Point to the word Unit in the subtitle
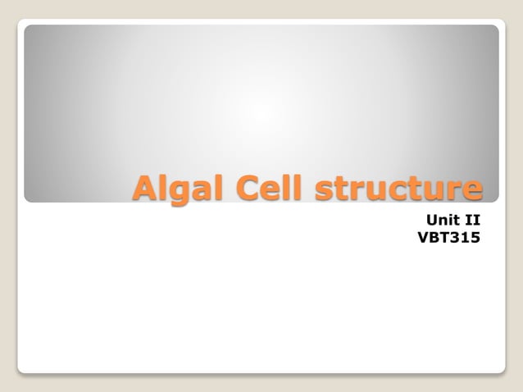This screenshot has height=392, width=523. tap(441, 220)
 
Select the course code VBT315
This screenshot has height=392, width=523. tap(448, 238)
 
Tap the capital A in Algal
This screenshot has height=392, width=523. tap(146, 188)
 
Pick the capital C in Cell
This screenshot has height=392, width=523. tap(251, 188)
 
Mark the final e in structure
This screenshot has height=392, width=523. tap(471, 190)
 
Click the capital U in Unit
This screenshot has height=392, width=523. tap(430, 220)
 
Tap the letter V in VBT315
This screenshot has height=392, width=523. tap(422, 238)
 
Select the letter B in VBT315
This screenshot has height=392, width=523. tap(433, 238)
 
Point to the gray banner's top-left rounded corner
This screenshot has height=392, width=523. tap(27, 28)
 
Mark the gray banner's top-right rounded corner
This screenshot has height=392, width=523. tap(495, 28)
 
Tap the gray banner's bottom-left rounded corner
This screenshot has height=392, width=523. tap(27, 198)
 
